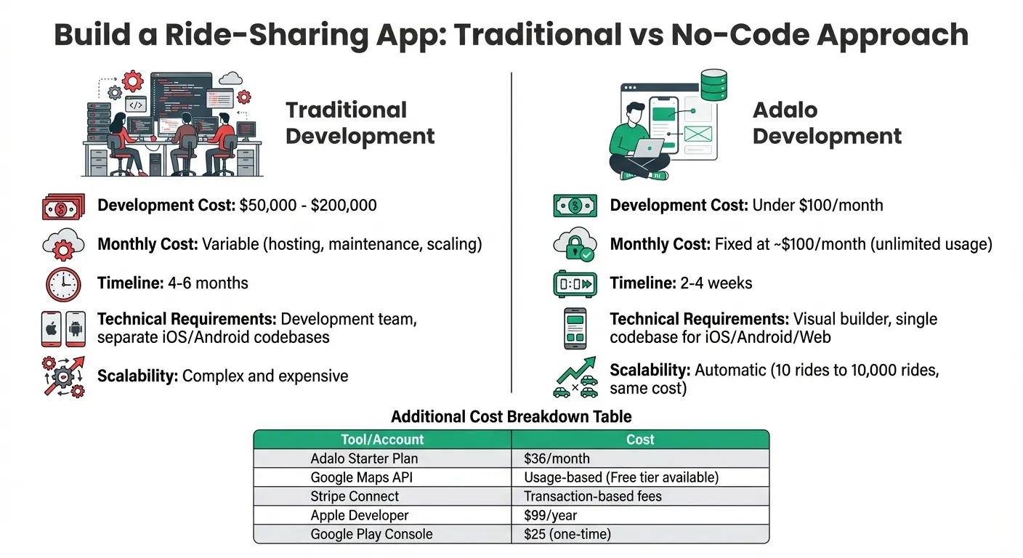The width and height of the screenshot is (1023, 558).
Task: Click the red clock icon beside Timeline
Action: [x=63, y=284]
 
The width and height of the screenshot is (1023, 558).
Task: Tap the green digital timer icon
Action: [x=575, y=284]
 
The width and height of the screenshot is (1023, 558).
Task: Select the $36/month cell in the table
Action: [x=557, y=458]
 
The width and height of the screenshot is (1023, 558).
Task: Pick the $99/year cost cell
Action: [x=550, y=515]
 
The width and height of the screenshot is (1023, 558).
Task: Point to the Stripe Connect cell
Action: [x=355, y=496]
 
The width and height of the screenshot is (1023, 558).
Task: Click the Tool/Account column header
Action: [x=382, y=440]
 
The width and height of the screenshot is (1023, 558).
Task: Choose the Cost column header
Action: [x=640, y=440]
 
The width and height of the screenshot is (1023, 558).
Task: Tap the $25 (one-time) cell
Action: [x=567, y=534]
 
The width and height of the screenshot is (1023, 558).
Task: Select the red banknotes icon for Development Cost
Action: [x=63, y=206]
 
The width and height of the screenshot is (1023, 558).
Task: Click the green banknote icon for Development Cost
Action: [x=575, y=206]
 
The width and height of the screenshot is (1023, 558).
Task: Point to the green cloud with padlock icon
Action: [x=575, y=245]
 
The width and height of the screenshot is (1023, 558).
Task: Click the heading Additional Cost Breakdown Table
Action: [x=511, y=417]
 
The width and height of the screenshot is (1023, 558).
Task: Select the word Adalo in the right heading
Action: [x=785, y=110]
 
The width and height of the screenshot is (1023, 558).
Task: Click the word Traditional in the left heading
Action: [x=346, y=110]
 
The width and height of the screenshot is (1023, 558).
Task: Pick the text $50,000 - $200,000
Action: [x=308, y=206]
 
